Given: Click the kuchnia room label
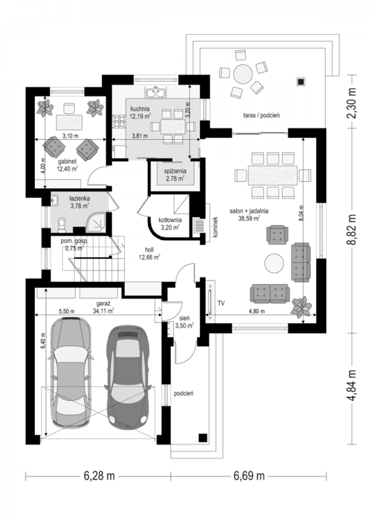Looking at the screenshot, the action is click(x=140, y=109).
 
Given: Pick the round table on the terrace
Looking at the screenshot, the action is click(x=243, y=74).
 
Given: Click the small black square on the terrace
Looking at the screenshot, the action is click(x=301, y=82).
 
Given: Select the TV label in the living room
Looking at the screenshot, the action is click(x=221, y=303).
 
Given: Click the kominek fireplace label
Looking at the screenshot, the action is click(x=215, y=227).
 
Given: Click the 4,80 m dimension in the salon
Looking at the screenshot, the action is click(x=257, y=311).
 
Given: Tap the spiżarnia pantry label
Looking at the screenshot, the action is click(x=175, y=171).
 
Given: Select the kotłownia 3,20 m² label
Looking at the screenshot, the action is click(x=170, y=223).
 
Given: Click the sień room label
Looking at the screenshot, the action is click(x=184, y=318).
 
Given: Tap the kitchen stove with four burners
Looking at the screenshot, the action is click(x=119, y=122).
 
